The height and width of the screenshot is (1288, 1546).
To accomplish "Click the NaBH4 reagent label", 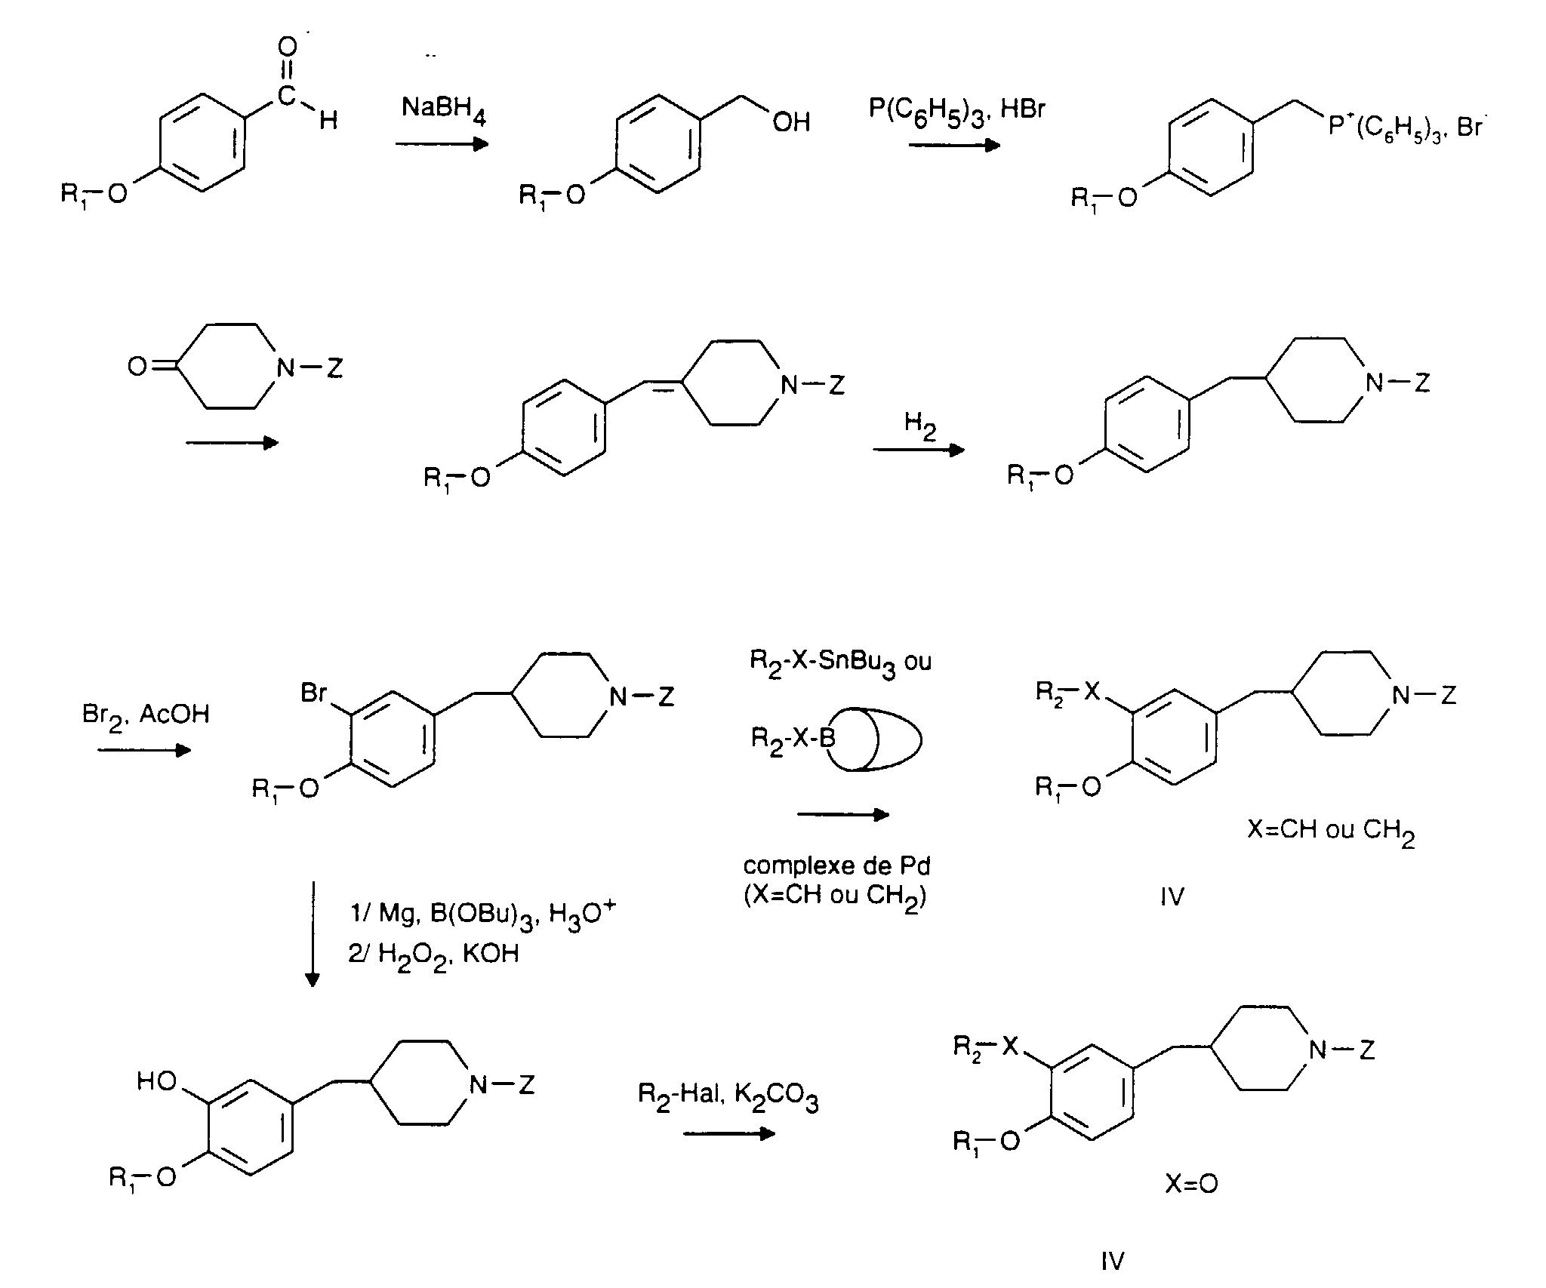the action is (x=443, y=110).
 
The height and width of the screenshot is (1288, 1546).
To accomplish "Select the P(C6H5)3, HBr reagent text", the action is (x=957, y=112).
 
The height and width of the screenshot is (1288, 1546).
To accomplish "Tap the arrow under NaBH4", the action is (x=442, y=143).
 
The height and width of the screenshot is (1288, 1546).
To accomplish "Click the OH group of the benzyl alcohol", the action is (x=791, y=122).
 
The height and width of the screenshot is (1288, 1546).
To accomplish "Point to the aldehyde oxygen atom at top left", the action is (x=288, y=48).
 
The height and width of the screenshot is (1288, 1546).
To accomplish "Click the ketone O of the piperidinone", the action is (x=137, y=367).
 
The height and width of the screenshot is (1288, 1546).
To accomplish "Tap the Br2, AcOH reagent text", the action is (x=146, y=716).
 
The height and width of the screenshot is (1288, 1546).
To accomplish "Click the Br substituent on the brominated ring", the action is (x=314, y=692).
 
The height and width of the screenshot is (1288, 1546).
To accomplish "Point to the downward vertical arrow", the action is (x=312, y=933).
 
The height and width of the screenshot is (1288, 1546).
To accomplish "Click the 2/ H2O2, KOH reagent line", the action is (x=433, y=954).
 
